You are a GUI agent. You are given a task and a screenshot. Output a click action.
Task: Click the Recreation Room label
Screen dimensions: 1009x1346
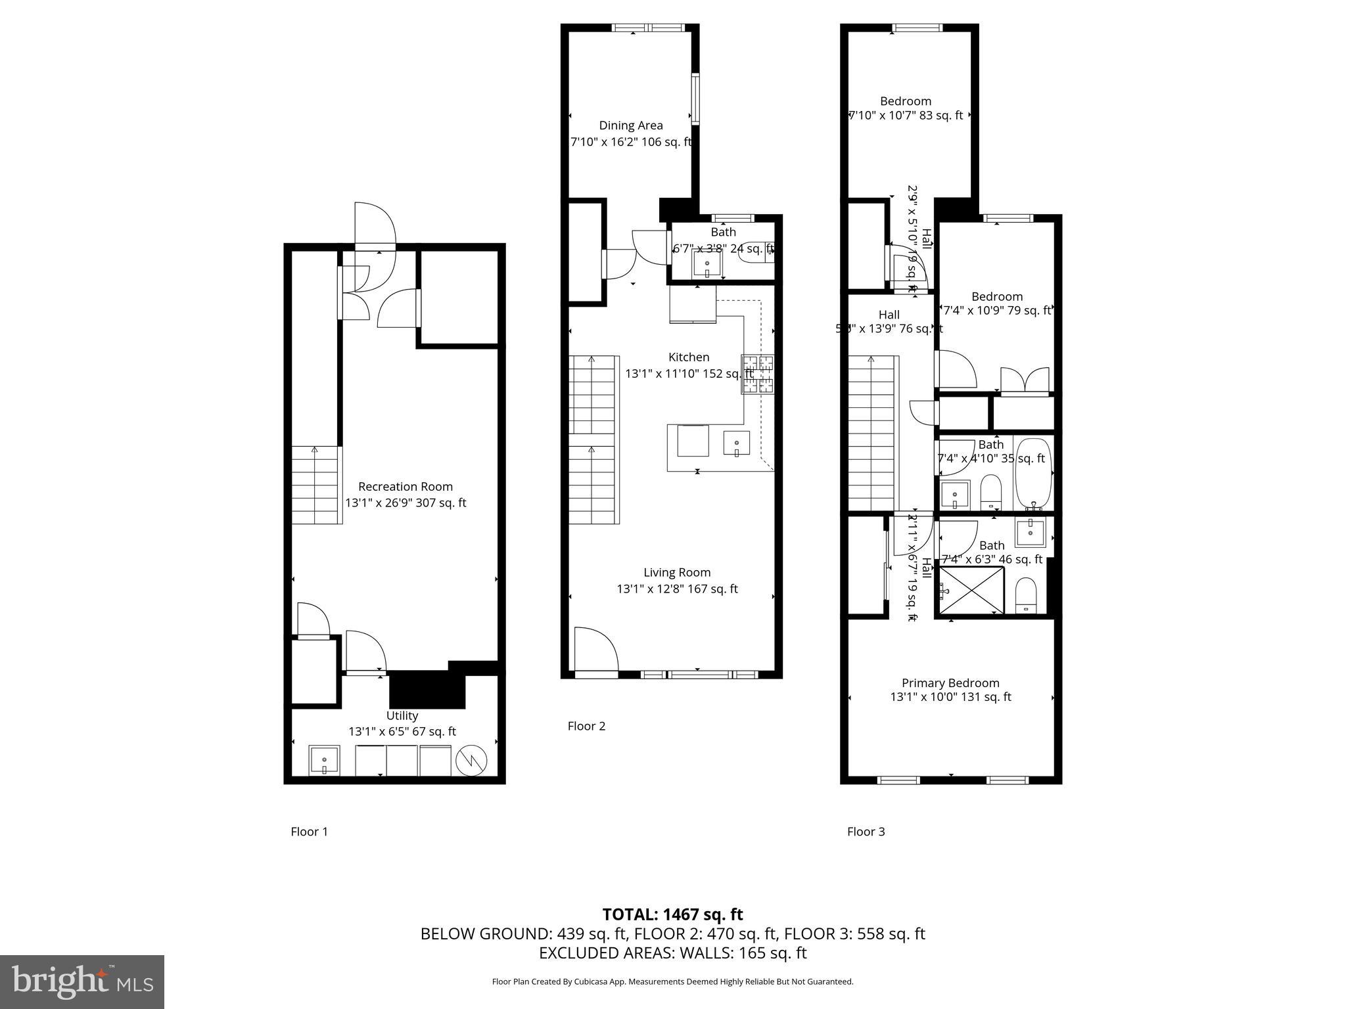(406, 487)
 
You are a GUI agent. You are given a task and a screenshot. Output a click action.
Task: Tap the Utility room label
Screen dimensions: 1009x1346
(402, 716)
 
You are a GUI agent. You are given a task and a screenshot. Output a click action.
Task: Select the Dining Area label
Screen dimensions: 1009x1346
(630, 125)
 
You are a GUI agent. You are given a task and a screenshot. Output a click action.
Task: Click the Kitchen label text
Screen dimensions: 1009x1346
(689, 357)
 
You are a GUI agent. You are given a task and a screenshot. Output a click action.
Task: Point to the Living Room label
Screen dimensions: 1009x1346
(677, 573)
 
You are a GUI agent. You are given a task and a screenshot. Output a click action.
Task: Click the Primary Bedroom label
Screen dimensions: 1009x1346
(950, 683)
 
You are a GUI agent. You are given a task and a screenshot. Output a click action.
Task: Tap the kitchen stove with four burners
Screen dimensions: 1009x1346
(758, 374)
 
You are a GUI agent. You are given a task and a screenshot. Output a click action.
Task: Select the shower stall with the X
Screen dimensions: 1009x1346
(971, 589)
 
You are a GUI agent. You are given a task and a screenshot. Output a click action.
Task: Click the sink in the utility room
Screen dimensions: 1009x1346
(324, 761)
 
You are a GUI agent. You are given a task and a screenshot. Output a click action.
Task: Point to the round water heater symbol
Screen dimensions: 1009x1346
(473, 761)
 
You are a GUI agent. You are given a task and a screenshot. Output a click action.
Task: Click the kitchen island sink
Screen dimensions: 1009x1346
(737, 443)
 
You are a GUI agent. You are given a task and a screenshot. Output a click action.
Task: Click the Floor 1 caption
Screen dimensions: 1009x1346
(309, 832)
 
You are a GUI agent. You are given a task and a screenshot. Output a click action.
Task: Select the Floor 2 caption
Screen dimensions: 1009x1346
(586, 726)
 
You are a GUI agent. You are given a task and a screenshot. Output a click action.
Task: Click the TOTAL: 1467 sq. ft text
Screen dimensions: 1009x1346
(672, 914)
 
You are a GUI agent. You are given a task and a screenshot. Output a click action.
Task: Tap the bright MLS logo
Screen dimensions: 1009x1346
(82, 981)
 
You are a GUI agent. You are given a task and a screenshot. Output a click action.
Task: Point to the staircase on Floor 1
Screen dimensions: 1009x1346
(316, 485)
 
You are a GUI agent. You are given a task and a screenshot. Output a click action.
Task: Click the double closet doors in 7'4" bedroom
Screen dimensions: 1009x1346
(1025, 382)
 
